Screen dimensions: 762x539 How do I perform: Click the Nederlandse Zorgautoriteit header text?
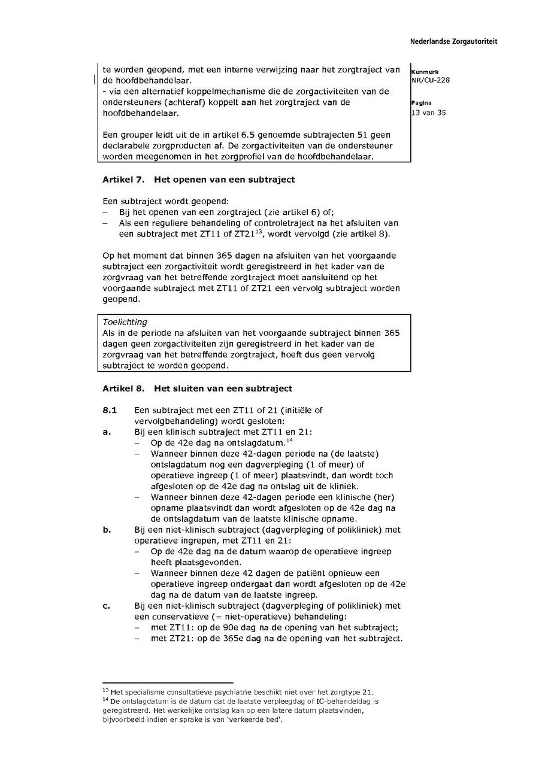[453, 42]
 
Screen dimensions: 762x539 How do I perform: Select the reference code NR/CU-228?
[430, 80]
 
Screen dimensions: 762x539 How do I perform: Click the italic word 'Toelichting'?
[125, 322]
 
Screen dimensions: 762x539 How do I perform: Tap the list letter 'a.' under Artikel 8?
[107, 432]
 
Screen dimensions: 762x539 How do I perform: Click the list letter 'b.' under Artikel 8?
[107, 530]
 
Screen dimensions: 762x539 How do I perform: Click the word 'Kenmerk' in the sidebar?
[425, 72]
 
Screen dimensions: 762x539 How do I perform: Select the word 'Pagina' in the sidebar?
[421, 103]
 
